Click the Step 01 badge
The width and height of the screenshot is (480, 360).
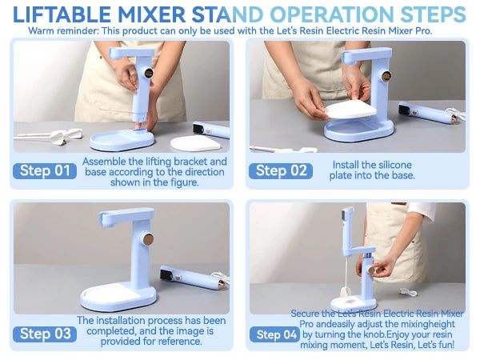click(45, 171)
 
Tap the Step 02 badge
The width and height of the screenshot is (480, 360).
click(281, 171)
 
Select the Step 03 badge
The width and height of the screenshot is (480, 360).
click(45, 334)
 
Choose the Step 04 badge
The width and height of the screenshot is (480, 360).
click(274, 334)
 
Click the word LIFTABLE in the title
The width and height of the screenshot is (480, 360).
click(62, 14)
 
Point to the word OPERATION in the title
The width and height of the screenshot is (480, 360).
click(332, 14)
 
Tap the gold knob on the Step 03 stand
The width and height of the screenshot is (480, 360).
click(148, 239)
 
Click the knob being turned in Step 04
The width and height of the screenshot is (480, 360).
click(372, 270)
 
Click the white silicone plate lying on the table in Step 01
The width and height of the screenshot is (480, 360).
click(195, 143)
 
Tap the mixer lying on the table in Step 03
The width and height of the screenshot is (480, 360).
click(194, 278)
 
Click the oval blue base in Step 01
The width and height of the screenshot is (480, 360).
click(122, 140)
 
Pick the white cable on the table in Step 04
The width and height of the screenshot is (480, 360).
click(409, 292)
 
